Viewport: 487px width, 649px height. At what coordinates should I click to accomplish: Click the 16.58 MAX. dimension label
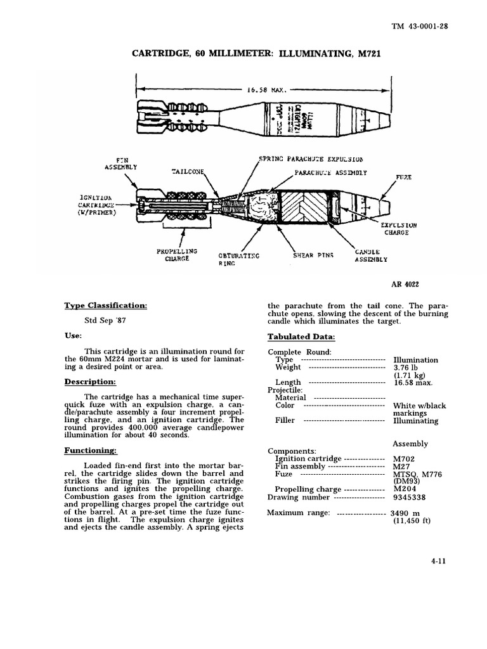264,90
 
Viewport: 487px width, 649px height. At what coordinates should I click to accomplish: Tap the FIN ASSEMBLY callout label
121,164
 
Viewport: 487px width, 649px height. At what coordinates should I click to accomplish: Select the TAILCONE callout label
188,172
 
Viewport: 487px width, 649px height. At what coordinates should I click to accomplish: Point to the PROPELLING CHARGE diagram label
177,255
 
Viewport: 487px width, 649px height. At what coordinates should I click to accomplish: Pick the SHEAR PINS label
313,255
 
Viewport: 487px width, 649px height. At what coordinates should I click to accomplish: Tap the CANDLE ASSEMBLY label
371,255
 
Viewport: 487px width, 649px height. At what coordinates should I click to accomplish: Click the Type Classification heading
105,305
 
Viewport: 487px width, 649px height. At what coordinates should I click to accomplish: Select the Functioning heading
91,451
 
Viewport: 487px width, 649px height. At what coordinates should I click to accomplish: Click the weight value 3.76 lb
407,368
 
